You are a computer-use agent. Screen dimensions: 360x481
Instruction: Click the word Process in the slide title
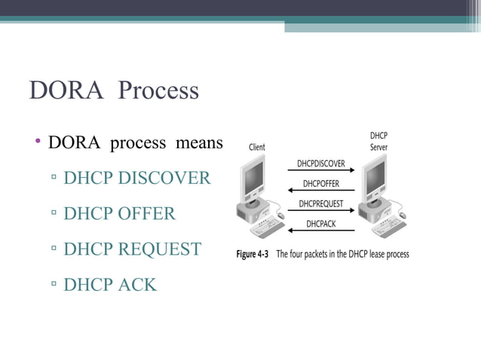point(158,91)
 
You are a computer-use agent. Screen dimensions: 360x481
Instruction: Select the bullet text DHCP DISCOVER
point(137,178)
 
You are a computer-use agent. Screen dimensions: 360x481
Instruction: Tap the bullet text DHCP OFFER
point(119,214)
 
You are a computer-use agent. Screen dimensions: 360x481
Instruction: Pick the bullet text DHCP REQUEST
point(132,249)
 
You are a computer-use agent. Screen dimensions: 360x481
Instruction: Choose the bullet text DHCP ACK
point(110,284)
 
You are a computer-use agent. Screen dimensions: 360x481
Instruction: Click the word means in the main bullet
point(199,143)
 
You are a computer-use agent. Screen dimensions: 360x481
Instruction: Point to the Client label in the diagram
point(257,147)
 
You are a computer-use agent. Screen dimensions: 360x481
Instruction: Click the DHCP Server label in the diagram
point(378,141)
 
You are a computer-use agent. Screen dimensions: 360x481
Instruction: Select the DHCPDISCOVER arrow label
point(320,163)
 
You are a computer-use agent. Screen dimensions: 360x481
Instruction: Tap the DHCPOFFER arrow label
point(320,183)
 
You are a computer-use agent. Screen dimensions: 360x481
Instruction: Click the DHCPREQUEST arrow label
point(320,203)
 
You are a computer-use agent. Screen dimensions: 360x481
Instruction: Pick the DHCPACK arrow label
point(320,224)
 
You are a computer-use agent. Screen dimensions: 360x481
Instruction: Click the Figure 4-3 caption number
point(253,254)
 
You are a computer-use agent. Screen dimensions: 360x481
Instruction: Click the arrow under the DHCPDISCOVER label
point(320,171)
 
